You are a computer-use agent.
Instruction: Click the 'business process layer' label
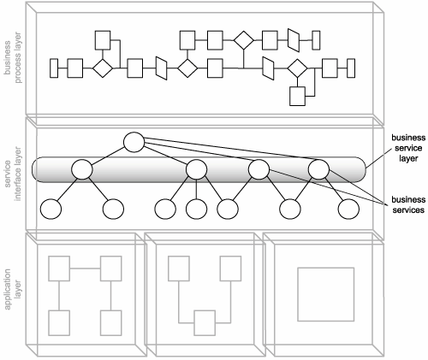click(x=13, y=57)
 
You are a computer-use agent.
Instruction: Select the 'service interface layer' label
click(x=13, y=174)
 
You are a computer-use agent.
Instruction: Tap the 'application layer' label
click(x=13, y=289)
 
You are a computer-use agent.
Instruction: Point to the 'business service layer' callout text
click(x=408, y=148)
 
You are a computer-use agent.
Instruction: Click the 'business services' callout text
click(x=408, y=204)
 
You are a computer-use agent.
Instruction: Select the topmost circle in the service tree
click(x=134, y=142)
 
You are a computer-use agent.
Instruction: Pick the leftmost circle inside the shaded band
click(x=82, y=169)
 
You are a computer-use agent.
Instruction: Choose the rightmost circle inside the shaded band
click(x=318, y=169)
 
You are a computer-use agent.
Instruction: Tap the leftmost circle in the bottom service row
click(x=51, y=209)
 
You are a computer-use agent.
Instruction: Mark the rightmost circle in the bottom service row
click(x=348, y=209)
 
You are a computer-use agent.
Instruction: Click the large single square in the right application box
click(x=326, y=294)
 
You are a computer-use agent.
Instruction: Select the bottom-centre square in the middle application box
click(x=205, y=323)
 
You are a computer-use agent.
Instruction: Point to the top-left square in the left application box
click(x=59, y=269)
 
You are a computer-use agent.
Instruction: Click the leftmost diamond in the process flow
click(x=103, y=68)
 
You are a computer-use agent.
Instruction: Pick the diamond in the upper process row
click(x=243, y=40)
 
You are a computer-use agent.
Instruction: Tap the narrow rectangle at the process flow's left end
click(x=54, y=68)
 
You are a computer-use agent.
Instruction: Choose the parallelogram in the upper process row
click(x=294, y=40)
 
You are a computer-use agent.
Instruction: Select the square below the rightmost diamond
click(x=297, y=97)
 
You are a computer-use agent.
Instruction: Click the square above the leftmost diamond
click(x=103, y=40)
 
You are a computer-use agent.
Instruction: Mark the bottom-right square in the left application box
click(x=110, y=323)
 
